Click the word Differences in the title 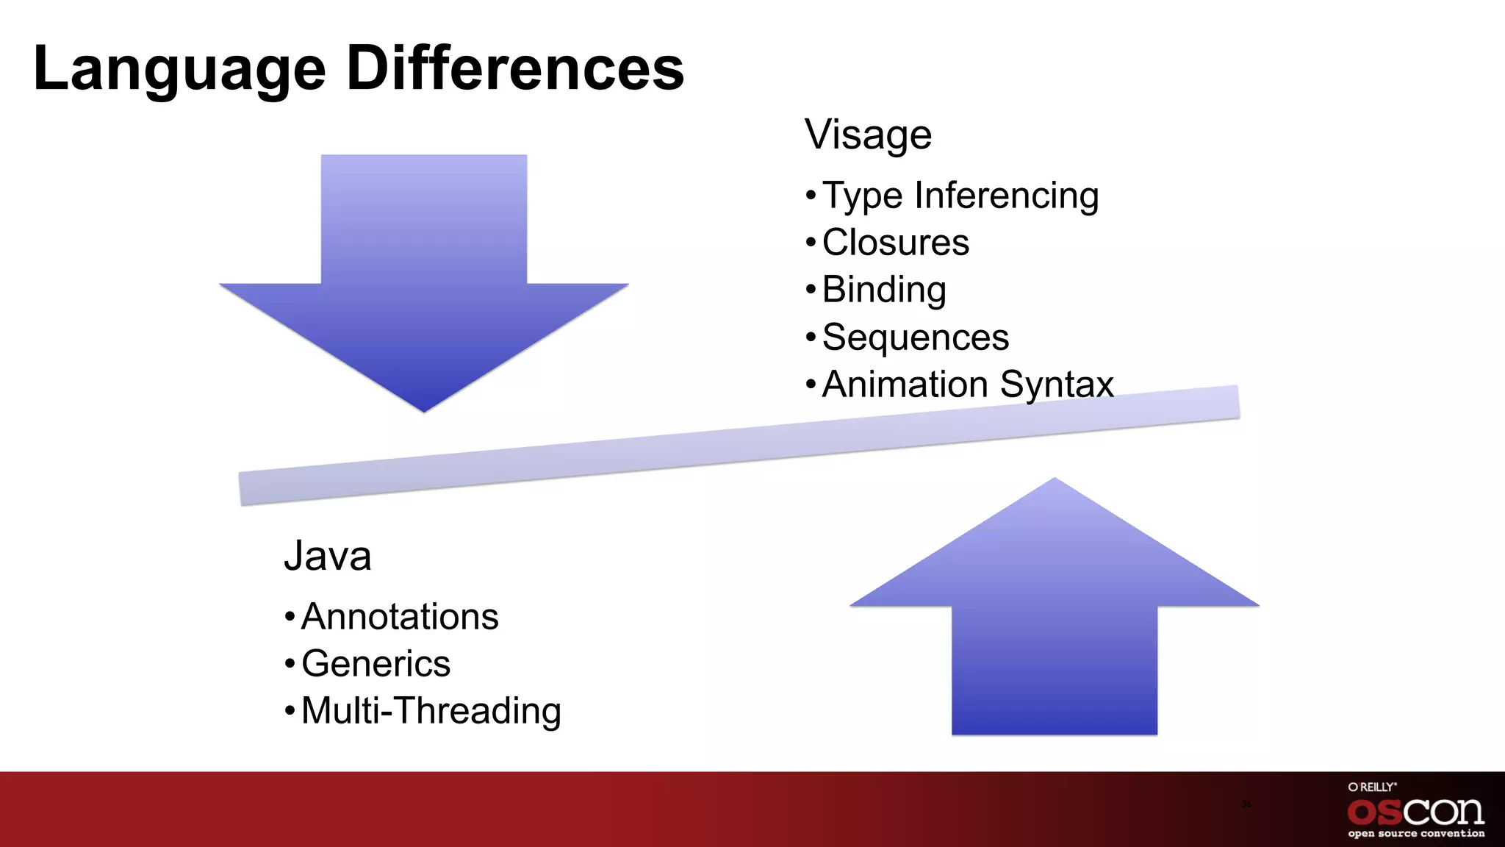[x=514, y=68]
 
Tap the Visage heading [x=868, y=135]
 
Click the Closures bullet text [x=895, y=243]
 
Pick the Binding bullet [x=883, y=290]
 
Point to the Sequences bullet [x=915, y=337]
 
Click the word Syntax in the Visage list [x=1056, y=385]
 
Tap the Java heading [x=328, y=556]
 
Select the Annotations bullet [x=399, y=616]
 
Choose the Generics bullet [x=376, y=663]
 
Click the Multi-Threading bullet [x=431, y=711]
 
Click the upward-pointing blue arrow [x=1055, y=625]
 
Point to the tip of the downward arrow [x=424, y=409]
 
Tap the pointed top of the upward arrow [x=1055, y=482]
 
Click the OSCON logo [x=1415, y=812]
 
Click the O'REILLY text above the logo [x=1372, y=787]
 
